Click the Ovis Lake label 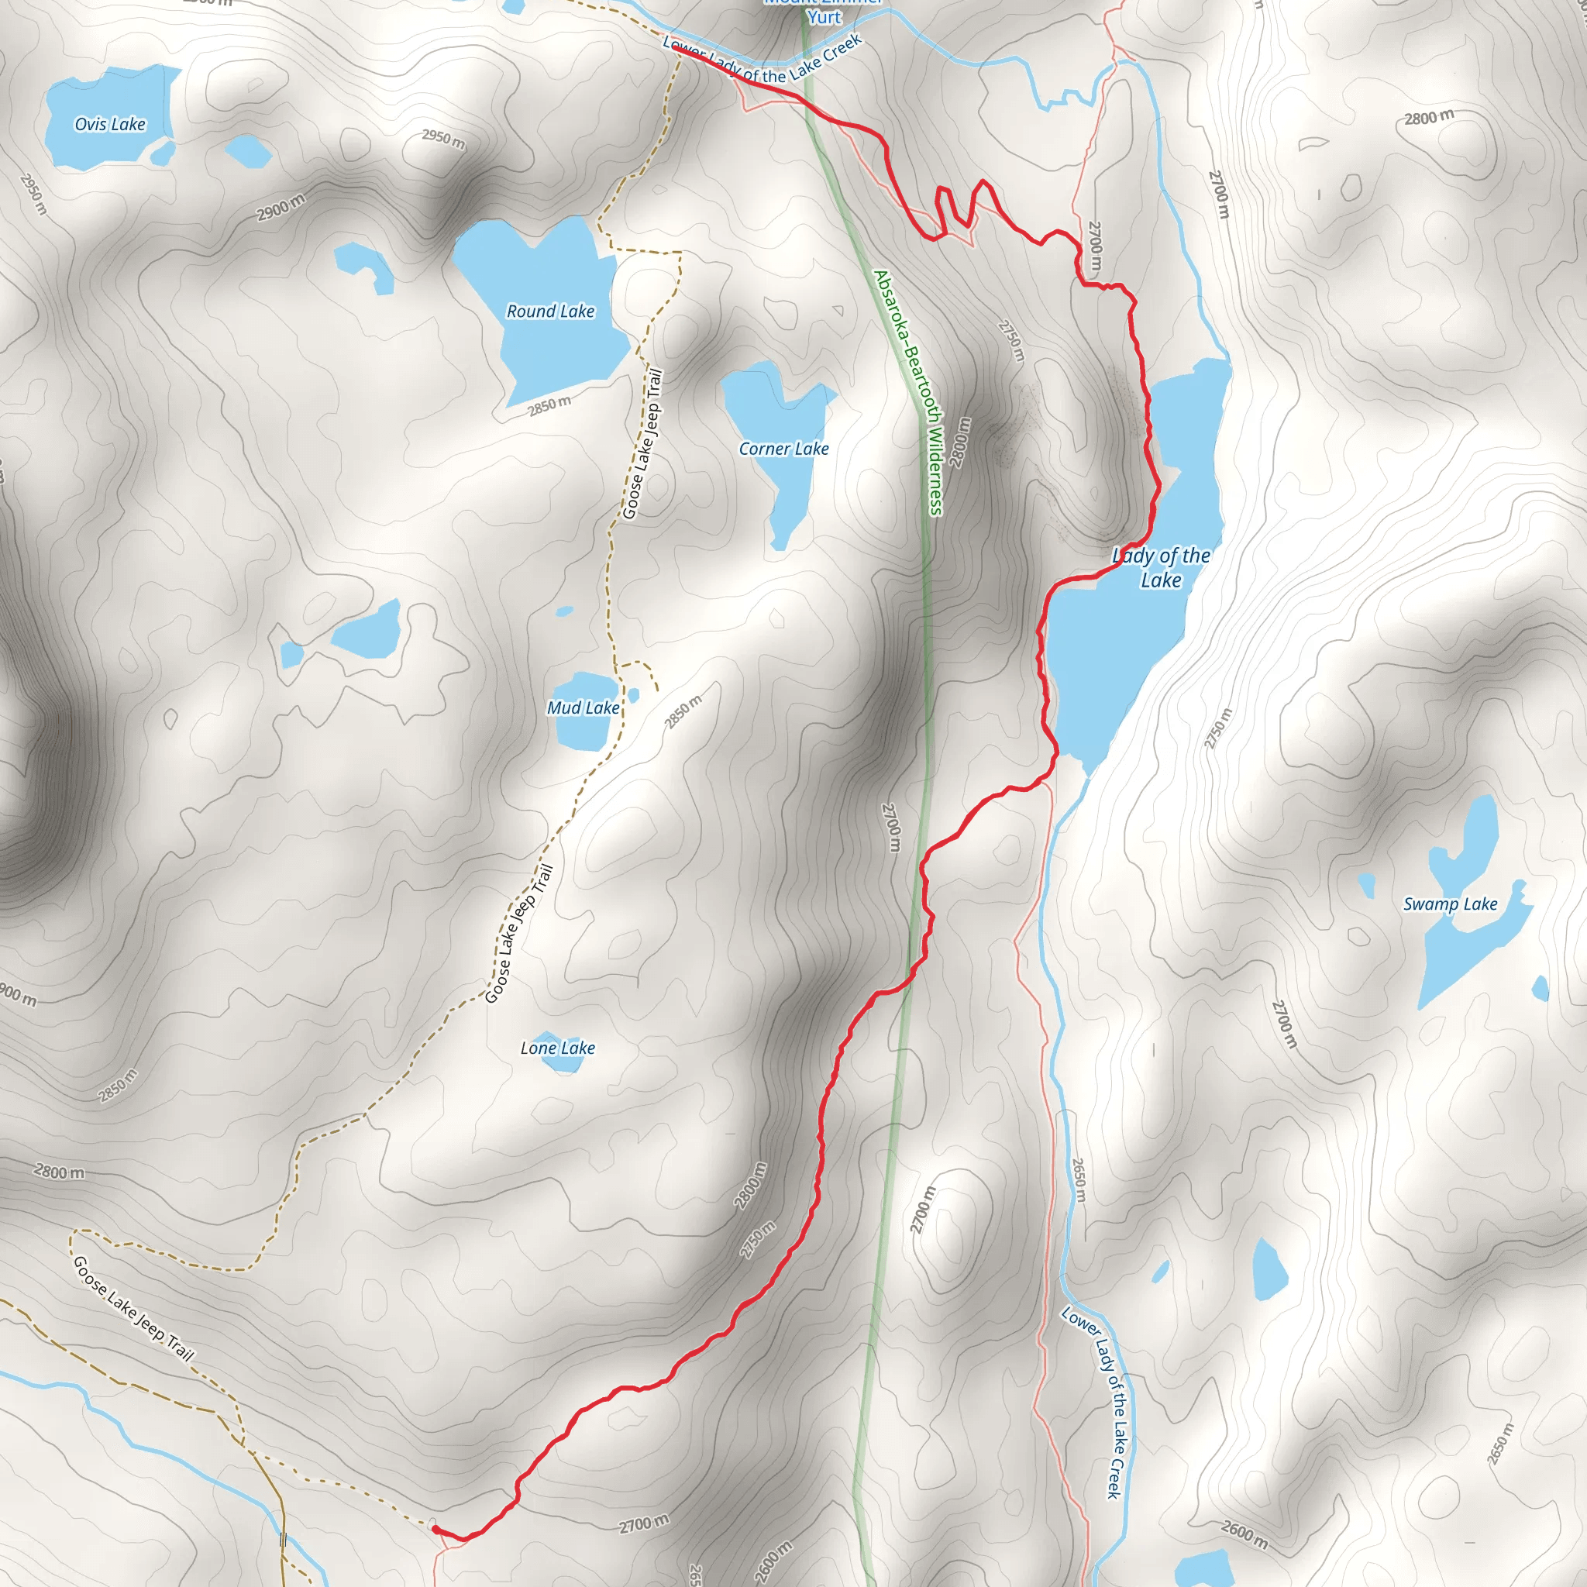click(110, 124)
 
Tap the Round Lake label click(550, 312)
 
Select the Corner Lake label click(783, 449)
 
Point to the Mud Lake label click(584, 707)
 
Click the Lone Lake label click(558, 1048)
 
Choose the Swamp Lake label click(1450, 904)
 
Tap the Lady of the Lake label click(1161, 567)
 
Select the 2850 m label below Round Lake click(549, 405)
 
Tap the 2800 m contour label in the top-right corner click(1428, 118)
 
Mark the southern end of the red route click(434, 1530)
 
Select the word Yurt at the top click(824, 17)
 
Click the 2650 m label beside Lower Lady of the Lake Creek click(1079, 1181)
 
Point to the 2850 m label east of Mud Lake click(683, 711)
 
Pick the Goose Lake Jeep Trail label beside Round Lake click(642, 444)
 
